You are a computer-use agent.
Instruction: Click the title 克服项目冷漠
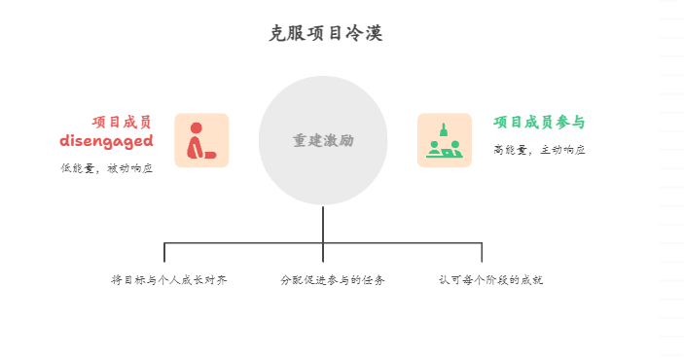(325, 34)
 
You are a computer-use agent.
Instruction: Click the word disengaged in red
(106, 141)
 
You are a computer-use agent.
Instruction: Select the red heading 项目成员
(122, 122)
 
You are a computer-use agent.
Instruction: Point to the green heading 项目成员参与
(539, 122)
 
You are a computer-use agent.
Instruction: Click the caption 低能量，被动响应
(106, 168)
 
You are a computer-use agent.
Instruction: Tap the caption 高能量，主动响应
(539, 150)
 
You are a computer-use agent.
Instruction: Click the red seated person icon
(201, 141)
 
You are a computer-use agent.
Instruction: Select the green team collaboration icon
(445, 141)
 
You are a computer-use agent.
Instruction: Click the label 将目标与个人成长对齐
(169, 280)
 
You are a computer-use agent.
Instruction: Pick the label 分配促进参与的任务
(333, 280)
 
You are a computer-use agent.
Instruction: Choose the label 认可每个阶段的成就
(490, 280)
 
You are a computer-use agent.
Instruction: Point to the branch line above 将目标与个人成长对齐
(164, 252)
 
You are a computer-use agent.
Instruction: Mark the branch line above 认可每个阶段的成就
(482, 252)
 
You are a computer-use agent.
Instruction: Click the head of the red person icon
(196, 127)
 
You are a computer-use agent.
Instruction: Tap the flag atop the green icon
(444, 127)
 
